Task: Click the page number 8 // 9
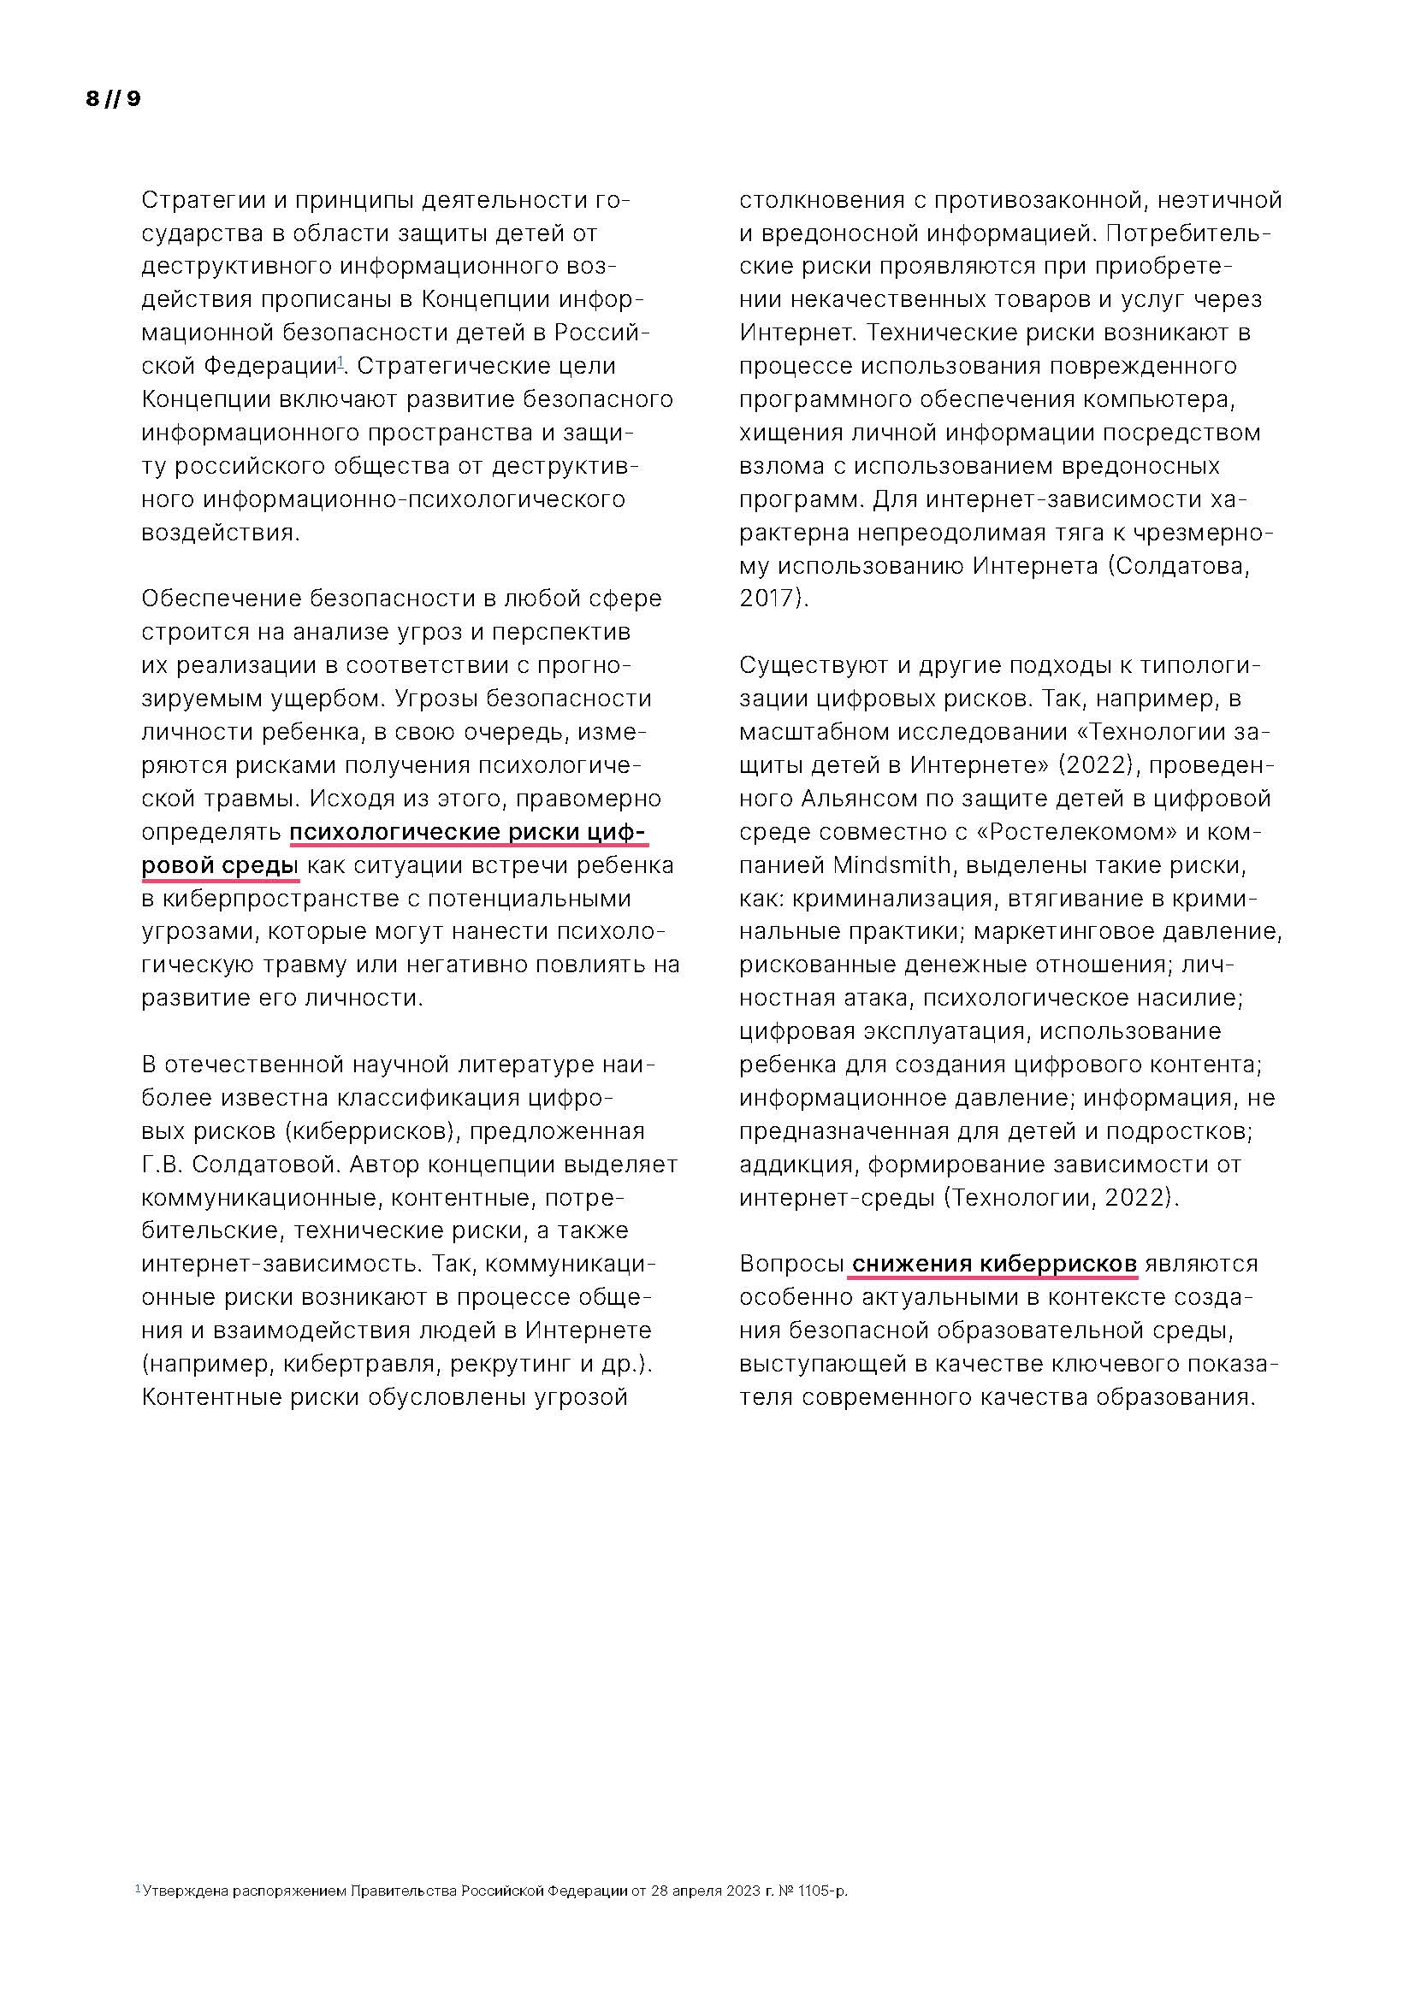point(113,98)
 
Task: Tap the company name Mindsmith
point(891,865)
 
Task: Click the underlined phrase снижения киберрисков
point(994,1264)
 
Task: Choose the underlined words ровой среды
point(220,866)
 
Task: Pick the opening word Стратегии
point(203,200)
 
